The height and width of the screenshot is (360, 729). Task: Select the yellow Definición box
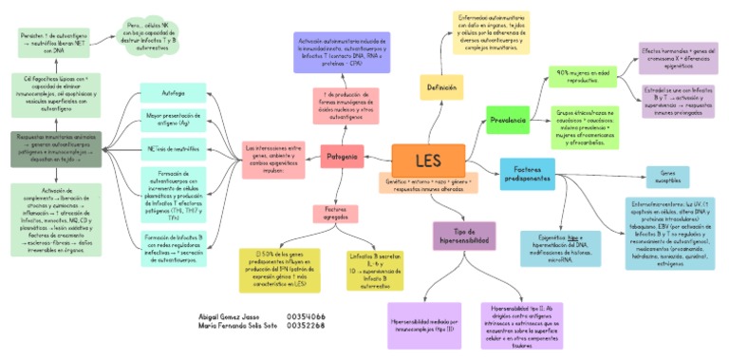pos(441,88)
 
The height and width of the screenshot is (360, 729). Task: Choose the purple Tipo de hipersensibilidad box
pos(464,236)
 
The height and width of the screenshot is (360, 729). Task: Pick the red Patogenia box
pos(342,156)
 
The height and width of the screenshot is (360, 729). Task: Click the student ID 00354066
pos(306,316)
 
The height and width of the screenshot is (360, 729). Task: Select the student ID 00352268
pos(306,326)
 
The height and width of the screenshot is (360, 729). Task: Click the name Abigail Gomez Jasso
pos(229,316)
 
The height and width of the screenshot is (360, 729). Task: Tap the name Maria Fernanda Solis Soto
pos(236,326)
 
